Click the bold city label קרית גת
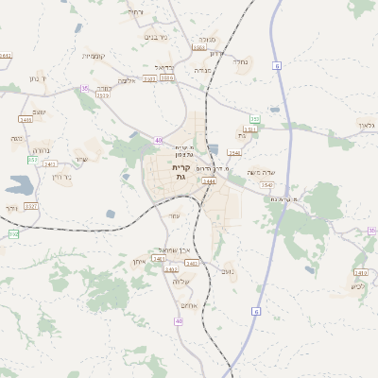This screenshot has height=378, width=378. [x=181, y=172]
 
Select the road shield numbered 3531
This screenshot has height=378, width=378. [x=249, y=129]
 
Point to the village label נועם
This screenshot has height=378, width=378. [x=228, y=271]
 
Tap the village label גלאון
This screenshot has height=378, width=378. [x=367, y=126]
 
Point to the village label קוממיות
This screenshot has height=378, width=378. [x=93, y=56]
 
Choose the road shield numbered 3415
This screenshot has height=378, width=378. [x=26, y=120]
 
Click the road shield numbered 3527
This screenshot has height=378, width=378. [x=31, y=205]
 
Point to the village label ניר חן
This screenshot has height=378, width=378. [x=62, y=177]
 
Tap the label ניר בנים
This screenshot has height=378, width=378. [x=156, y=38]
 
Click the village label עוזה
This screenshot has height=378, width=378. [x=174, y=216]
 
